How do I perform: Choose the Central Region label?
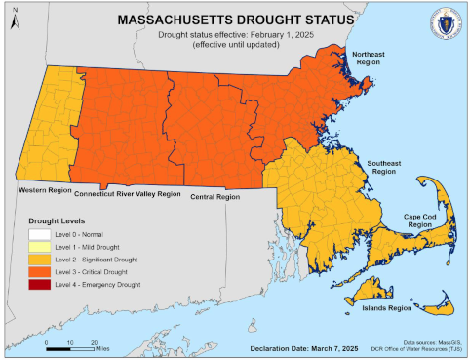[x=215, y=197]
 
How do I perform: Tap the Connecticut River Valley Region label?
[x=128, y=194]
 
